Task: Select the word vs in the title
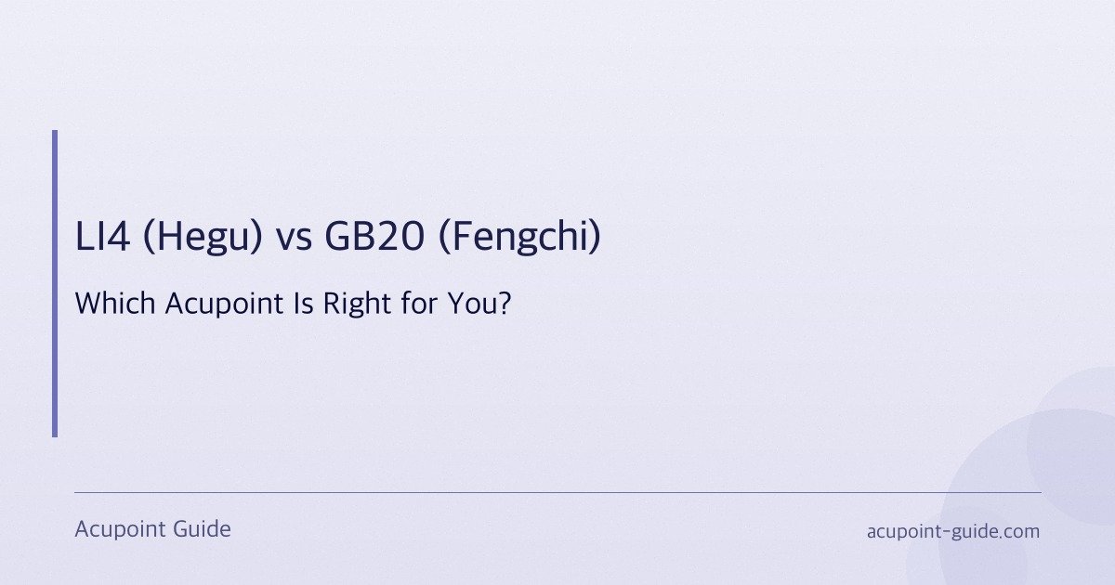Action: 295,239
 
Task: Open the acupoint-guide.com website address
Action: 952,532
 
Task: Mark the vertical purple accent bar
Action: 55,283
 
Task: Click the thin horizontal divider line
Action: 557,492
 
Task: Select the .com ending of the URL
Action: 1019,532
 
